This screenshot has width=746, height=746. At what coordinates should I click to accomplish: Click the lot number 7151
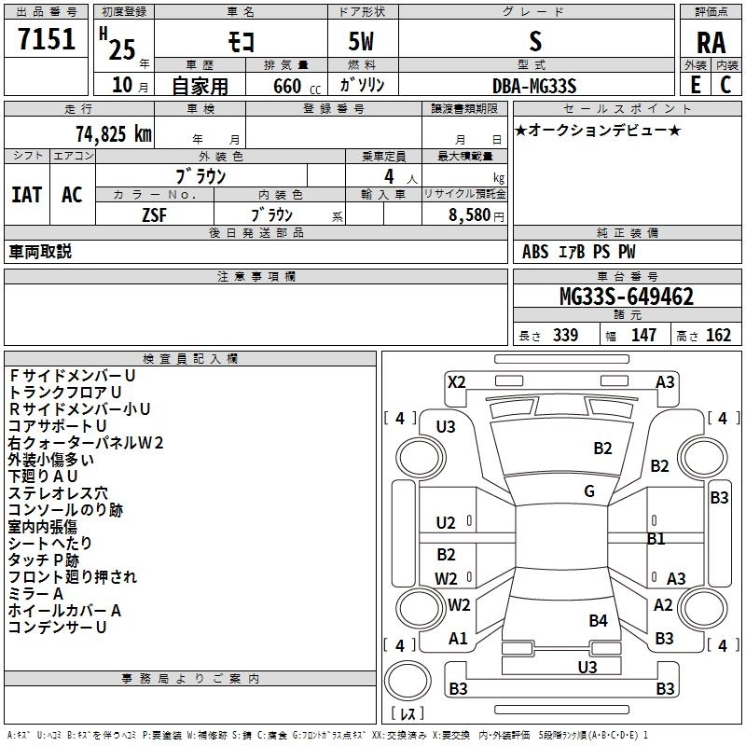click(x=47, y=38)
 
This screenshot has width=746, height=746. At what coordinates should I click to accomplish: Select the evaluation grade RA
click(x=711, y=43)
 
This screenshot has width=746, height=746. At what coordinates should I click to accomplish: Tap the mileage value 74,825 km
click(x=114, y=134)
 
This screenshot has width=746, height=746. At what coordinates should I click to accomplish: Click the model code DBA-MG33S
click(x=534, y=86)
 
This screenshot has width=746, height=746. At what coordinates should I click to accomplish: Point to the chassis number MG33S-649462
click(x=627, y=297)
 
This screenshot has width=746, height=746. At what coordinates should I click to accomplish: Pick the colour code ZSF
click(x=154, y=215)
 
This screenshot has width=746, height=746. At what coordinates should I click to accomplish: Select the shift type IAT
click(x=27, y=195)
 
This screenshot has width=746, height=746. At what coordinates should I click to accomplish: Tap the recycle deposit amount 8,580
click(x=469, y=215)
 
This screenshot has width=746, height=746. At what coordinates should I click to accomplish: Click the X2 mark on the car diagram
click(x=456, y=382)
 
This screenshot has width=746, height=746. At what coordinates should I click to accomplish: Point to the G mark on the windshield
click(x=589, y=491)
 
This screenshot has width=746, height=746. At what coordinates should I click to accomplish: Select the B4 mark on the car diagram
click(x=598, y=620)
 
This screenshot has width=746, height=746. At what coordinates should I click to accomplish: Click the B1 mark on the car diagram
click(x=656, y=539)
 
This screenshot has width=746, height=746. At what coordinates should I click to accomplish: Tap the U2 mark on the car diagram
click(x=446, y=523)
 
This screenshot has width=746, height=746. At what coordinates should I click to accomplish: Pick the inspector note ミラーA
click(x=35, y=594)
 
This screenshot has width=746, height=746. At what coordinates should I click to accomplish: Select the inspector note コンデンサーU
click(x=57, y=627)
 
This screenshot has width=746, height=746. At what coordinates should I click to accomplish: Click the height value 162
click(x=718, y=335)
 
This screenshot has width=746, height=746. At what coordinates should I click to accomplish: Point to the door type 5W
click(x=361, y=41)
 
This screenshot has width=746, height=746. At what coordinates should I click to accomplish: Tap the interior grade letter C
click(x=726, y=85)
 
